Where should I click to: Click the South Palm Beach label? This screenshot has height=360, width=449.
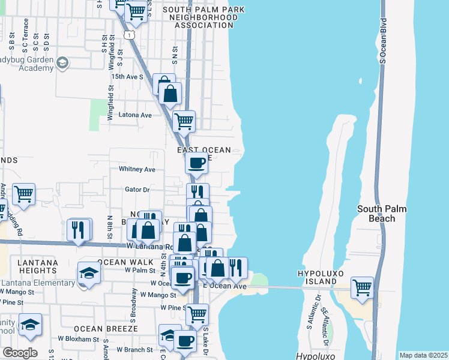(x=382, y=214)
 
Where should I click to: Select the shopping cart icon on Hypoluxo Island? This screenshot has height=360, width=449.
(x=363, y=287)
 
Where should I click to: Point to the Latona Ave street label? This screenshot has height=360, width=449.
(x=136, y=115)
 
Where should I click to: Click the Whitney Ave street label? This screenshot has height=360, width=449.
(x=137, y=170)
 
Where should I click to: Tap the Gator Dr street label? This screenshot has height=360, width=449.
(x=137, y=190)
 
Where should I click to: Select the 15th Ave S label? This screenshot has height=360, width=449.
(x=127, y=77)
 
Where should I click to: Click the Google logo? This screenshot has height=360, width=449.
(x=20, y=353)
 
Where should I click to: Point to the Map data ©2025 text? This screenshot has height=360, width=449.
(x=423, y=355)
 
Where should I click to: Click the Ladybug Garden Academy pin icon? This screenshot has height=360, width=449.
(x=62, y=62)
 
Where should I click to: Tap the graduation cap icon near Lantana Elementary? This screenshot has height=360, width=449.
(x=89, y=273)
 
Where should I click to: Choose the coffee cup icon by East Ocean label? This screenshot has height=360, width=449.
(x=196, y=162)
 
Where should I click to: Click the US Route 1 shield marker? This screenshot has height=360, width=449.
(x=129, y=36)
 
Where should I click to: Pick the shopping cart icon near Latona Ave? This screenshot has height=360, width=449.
(x=184, y=121)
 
